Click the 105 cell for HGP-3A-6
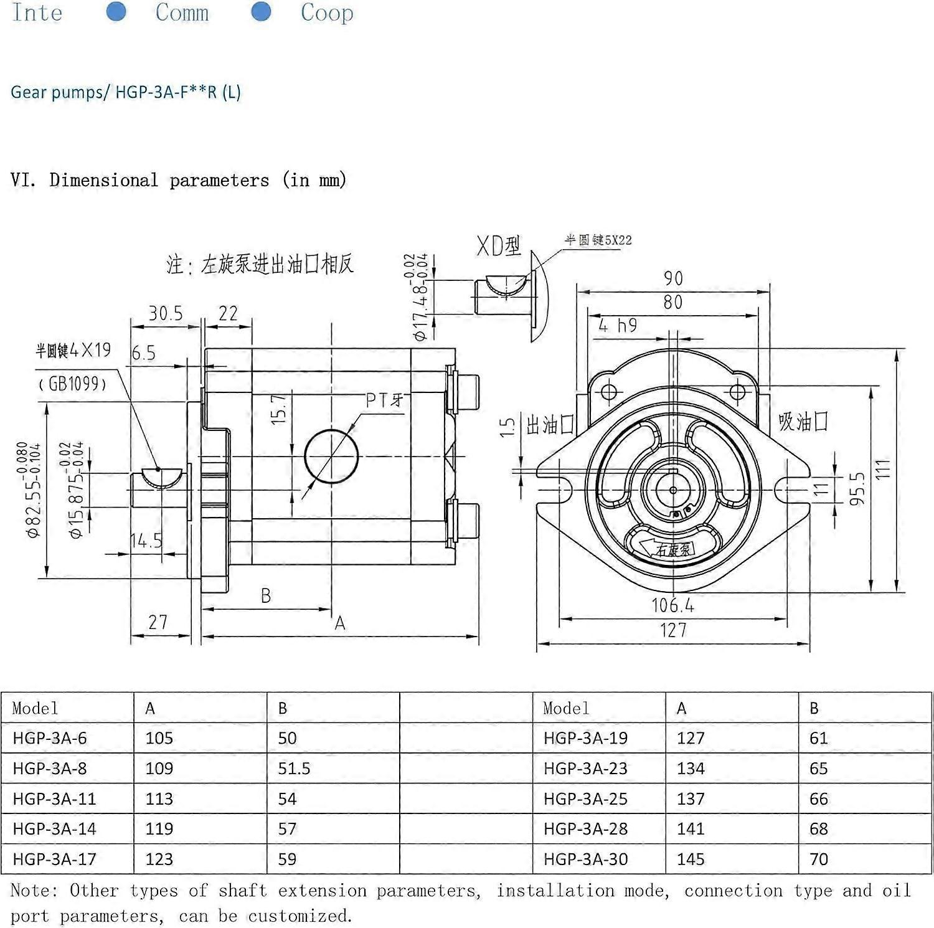(159, 738)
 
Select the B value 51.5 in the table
(294, 769)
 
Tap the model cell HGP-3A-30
(585, 859)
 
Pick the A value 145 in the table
(691, 859)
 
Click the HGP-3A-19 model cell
(585, 738)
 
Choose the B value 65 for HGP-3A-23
(819, 769)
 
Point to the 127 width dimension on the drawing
(673, 630)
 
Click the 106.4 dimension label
(672, 605)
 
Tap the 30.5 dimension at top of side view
(166, 313)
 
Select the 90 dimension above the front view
(673, 278)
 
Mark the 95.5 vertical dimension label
(857, 488)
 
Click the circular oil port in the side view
(331, 456)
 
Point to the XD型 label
(499, 246)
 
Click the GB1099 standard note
(73, 384)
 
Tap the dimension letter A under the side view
(340, 623)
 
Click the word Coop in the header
(327, 12)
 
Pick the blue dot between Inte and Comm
(116, 11)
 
